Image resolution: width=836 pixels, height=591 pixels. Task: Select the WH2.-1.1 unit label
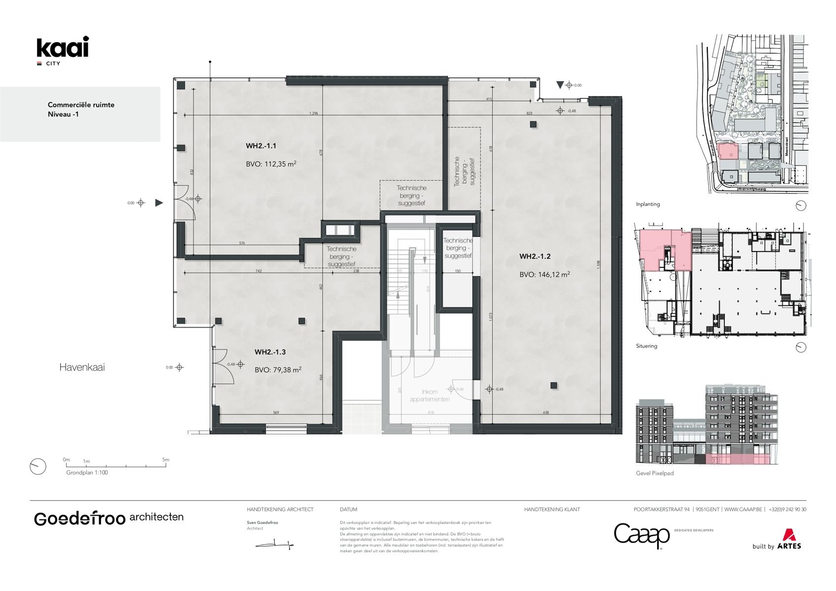pos(261,146)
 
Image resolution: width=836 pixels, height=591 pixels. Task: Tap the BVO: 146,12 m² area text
pos(544,274)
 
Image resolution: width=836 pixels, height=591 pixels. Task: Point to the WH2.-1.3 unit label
pos(270,352)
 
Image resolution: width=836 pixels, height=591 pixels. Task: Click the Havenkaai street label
pos(82,367)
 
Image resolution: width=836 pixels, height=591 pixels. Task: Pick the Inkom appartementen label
pos(430,395)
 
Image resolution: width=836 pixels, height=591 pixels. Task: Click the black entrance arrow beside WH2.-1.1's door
pos(159,202)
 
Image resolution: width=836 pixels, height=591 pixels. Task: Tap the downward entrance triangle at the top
pos(560,85)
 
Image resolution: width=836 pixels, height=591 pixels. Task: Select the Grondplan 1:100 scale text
pos(87,472)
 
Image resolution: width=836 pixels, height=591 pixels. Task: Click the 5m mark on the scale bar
pos(166,460)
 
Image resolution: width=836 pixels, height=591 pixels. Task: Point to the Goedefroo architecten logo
pos(108,518)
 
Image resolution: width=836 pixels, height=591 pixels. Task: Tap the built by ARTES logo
pos(777,540)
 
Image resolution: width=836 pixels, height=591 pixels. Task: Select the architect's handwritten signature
pos(274,545)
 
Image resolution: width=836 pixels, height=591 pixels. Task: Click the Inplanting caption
pos(647,204)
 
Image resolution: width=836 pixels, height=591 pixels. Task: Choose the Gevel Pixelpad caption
pos(654,473)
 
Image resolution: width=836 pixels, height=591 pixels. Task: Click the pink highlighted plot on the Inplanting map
pos(727,151)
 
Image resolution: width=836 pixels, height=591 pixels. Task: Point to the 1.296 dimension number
pos(313,113)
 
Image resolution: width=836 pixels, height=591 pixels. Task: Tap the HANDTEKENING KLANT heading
pos(552,509)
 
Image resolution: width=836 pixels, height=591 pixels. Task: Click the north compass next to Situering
pos(801,347)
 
